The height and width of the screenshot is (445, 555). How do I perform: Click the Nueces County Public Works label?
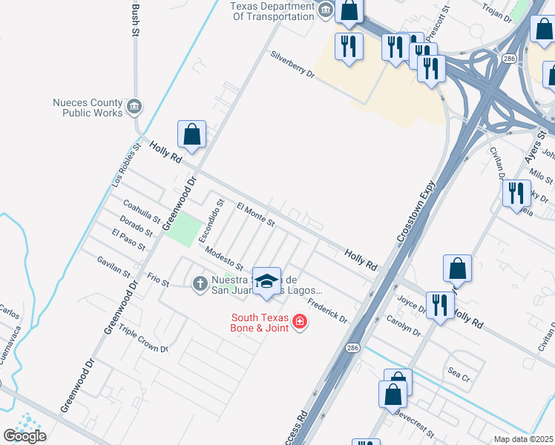(88, 108)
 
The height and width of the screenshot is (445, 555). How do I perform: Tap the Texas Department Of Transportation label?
(272, 12)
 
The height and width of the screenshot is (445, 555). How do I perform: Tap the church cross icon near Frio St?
(200, 283)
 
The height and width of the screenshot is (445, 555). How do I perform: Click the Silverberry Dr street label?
(293, 65)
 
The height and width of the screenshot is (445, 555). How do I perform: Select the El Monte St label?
(255, 215)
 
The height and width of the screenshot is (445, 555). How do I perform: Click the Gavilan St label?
(114, 265)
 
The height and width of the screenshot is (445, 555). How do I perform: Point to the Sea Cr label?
(459, 374)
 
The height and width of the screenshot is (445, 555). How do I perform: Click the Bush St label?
(135, 19)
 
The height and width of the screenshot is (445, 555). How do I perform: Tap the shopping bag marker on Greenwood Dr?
(191, 135)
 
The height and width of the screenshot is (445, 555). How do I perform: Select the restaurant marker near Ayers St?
(516, 194)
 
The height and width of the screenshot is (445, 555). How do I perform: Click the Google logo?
(24, 435)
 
